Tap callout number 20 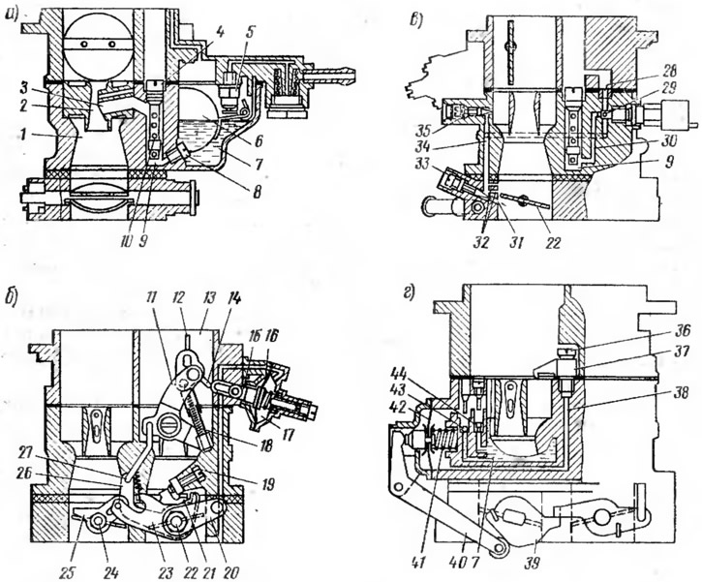231,558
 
